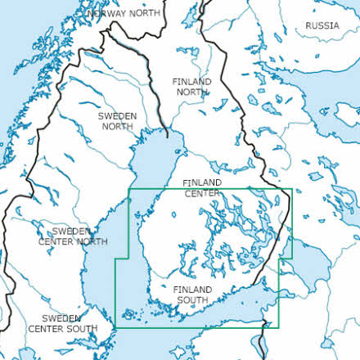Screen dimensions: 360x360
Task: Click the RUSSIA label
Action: pyautogui.click(x=322, y=25)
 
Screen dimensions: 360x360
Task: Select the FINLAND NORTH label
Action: pyautogui.click(x=191, y=87)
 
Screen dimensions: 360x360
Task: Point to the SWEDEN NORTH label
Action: pyautogui.click(x=117, y=121)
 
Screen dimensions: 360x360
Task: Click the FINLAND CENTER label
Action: pyautogui.click(x=201, y=187)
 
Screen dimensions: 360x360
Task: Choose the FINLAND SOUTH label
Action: pyautogui.click(x=193, y=295)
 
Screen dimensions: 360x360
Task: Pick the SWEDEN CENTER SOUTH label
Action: pyautogui.click(x=62, y=323)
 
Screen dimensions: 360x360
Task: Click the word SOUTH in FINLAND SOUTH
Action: pyautogui.click(x=193, y=300)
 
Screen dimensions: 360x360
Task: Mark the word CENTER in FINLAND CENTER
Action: pyautogui.click(x=201, y=193)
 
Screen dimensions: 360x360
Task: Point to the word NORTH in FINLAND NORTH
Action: pyautogui.click(x=191, y=92)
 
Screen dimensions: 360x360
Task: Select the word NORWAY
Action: pyautogui.click(x=106, y=14)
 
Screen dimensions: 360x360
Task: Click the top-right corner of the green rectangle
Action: pyautogui.click(x=292, y=190)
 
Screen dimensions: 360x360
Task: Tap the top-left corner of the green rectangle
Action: pyautogui.click(x=130, y=190)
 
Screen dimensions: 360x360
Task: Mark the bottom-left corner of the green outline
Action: pyautogui.click(x=115, y=329)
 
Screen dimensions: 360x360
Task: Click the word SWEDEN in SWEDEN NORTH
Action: pyautogui.click(x=117, y=116)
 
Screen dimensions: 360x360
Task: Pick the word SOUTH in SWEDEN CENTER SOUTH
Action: pyautogui.click(x=81, y=328)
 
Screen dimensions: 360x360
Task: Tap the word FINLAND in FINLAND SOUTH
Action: pyautogui.click(x=193, y=290)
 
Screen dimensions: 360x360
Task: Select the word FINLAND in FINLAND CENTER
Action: pyautogui.click(x=201, y=182)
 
